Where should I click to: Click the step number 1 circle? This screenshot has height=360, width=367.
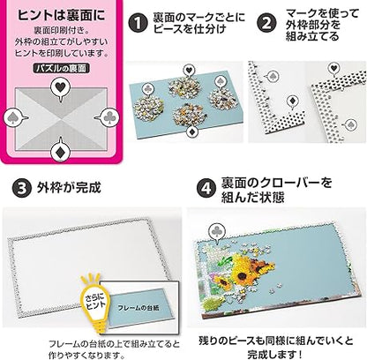coord(138,23)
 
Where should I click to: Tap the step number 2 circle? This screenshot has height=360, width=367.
coord(266,23)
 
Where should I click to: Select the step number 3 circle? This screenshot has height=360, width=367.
coord(22,189)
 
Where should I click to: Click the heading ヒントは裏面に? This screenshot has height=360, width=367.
coord(61,15)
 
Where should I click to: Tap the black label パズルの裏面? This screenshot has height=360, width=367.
coord(61,69)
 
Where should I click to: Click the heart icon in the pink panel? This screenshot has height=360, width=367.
coord(60,88)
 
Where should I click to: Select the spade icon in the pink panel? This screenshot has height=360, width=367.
coord(14,118)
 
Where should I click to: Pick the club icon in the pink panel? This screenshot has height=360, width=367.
coord(109,118)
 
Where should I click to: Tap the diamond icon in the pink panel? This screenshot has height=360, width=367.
coord(61,151)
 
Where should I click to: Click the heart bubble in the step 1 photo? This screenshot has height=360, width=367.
coord(188,71)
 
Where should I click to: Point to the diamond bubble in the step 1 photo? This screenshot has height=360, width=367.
coord(192,131)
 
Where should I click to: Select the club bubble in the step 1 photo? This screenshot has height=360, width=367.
coord(147,88)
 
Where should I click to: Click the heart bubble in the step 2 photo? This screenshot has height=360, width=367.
coord(333,69)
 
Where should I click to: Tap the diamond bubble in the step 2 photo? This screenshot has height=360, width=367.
coord(292,101)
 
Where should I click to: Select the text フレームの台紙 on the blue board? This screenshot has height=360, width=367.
coord(139,308)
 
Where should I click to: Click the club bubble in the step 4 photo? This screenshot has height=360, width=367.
coord(217,231)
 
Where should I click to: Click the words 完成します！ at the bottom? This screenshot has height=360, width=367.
coord(274,354)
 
